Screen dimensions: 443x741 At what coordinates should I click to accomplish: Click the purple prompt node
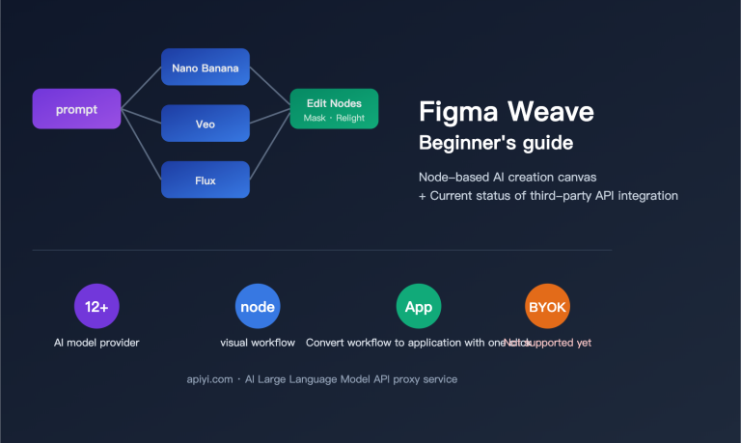77,109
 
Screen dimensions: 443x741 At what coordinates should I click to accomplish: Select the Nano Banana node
205,68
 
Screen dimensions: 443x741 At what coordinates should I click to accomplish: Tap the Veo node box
205,124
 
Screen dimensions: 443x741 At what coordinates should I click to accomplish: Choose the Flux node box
205,180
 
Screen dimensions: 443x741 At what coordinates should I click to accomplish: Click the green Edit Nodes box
334,109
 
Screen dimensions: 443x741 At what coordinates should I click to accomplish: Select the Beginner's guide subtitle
495,143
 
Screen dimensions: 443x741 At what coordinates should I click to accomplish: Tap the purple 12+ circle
96,307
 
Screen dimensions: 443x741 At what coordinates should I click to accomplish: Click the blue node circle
258,307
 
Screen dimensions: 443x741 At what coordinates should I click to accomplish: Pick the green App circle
418,307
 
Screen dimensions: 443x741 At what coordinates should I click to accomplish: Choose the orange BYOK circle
547,307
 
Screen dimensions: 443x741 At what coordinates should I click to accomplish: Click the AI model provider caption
96,343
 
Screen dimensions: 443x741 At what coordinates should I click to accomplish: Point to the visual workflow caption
258,343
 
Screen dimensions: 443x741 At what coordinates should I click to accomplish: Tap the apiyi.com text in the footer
209,379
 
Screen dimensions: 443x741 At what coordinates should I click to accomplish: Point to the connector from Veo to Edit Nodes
270,117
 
